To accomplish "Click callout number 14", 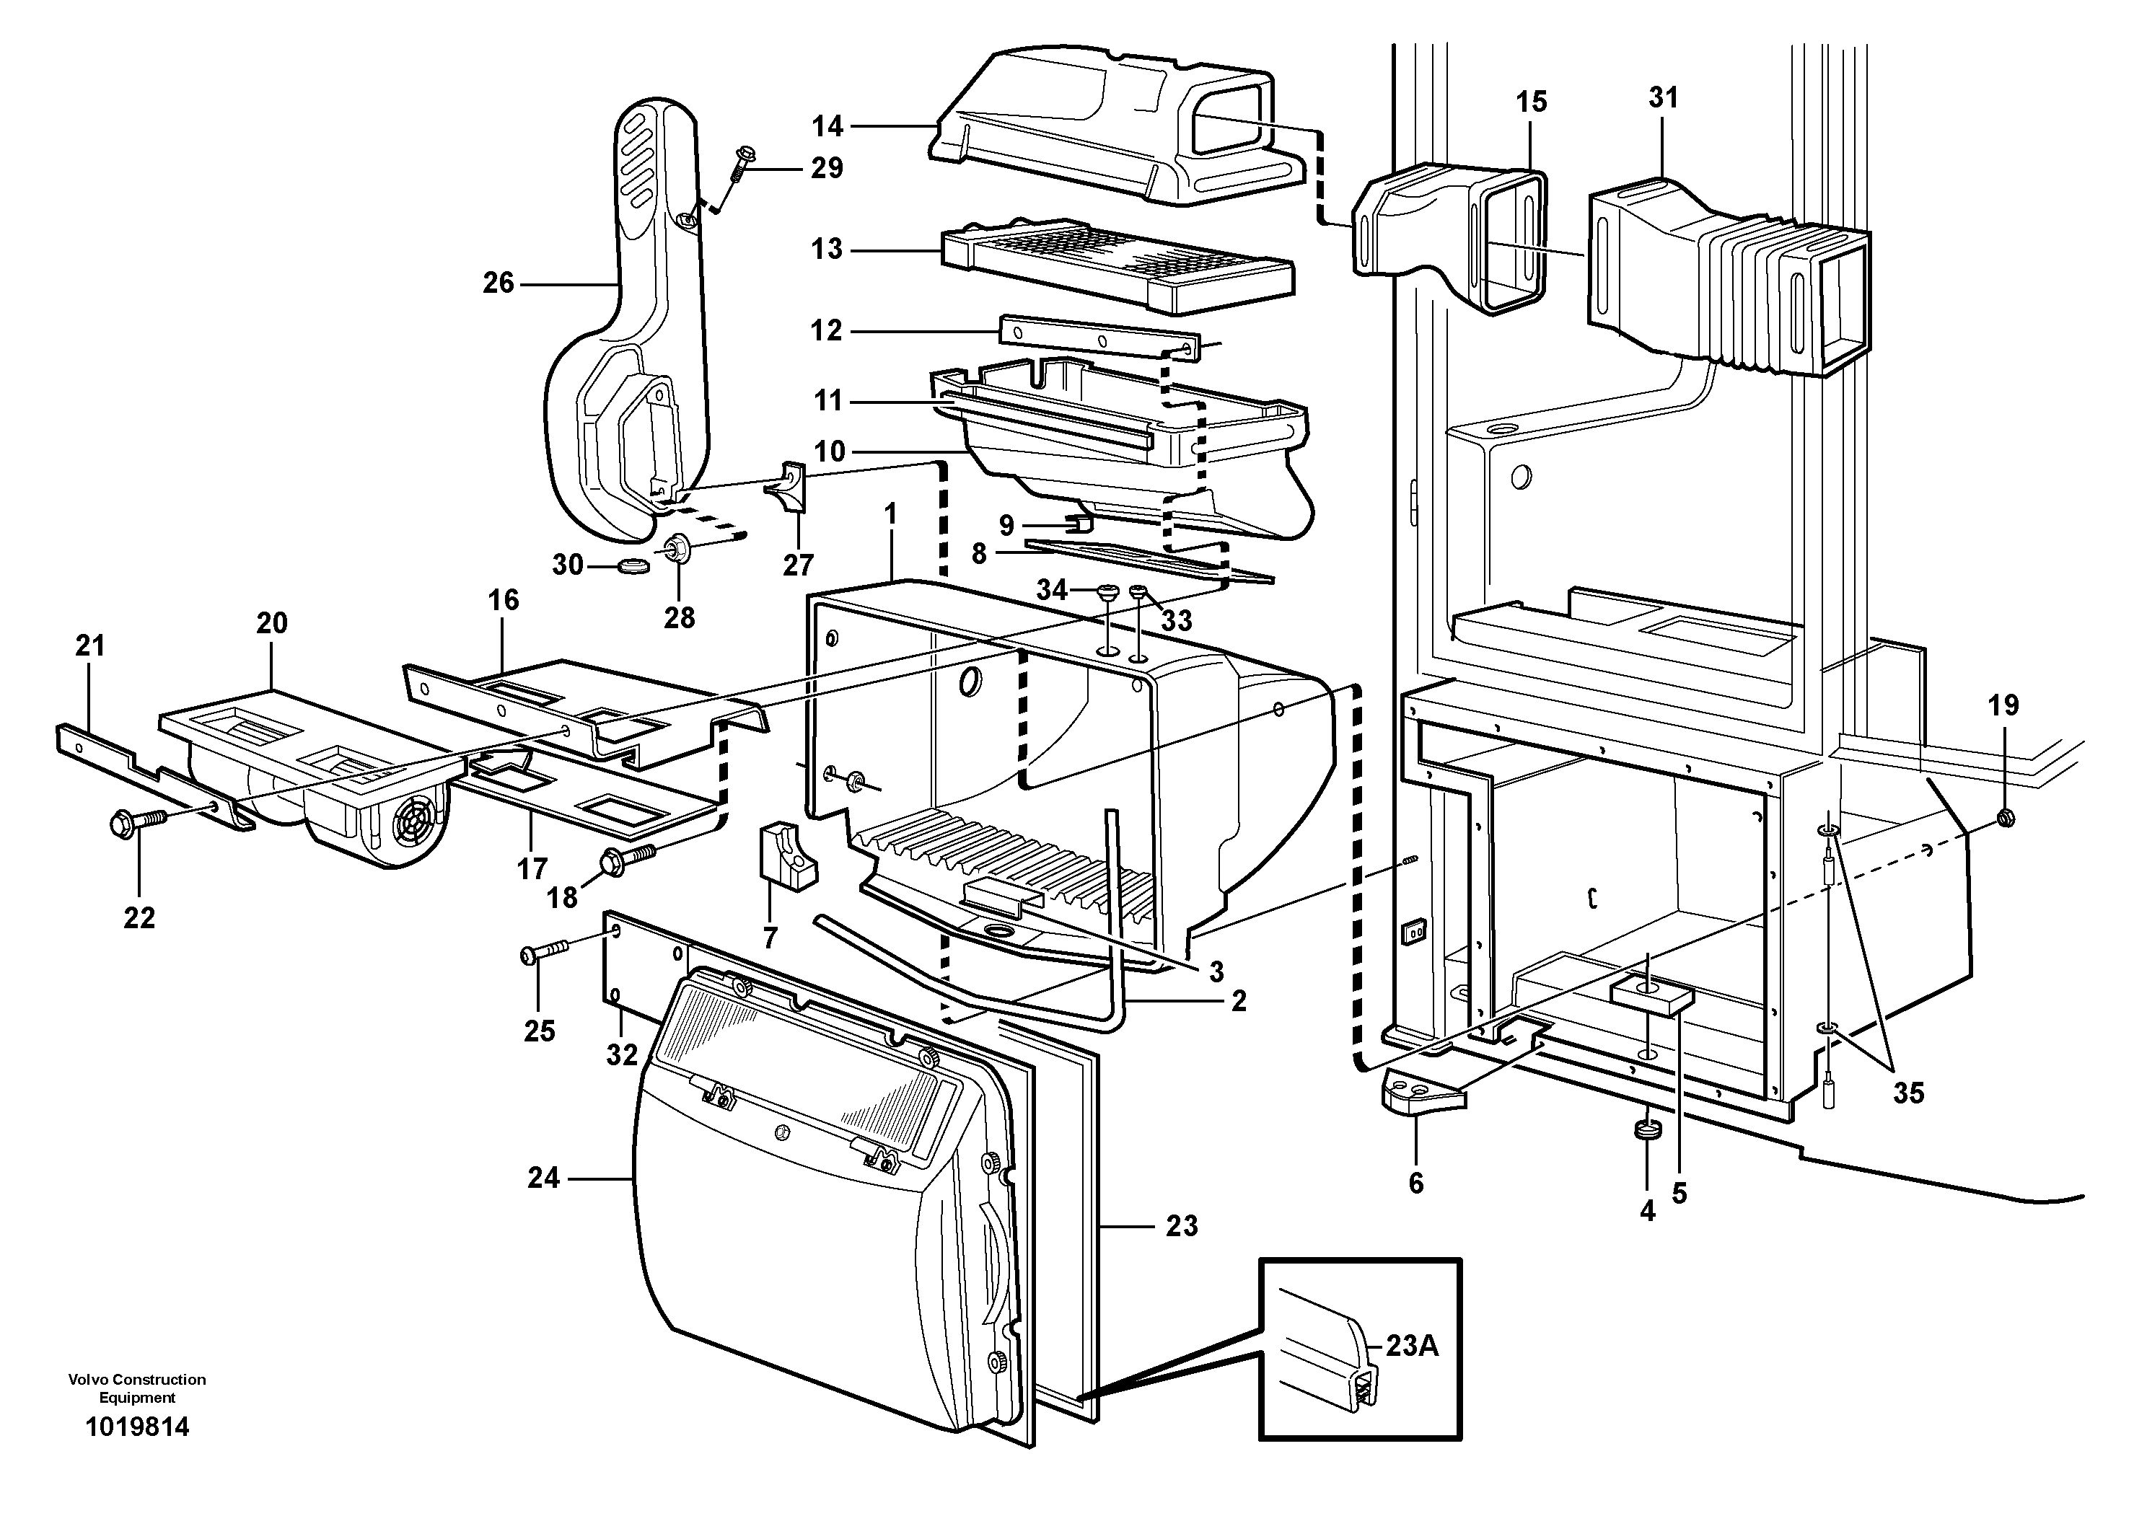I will tap(827, 126).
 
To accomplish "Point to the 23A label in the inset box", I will tap(1411, 1346).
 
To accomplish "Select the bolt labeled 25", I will tap(543, 954).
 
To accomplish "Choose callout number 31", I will tap(1663, 97).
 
